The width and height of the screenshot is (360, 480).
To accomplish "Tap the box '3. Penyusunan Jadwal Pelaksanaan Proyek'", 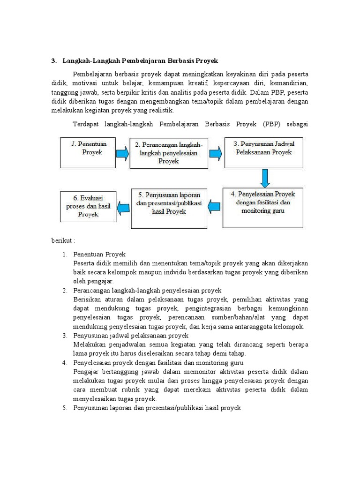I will pos(263,152).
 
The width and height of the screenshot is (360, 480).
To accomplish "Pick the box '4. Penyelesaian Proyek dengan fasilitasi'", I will pos(262,207).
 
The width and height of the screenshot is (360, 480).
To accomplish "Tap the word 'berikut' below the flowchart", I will pos(62,240).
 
